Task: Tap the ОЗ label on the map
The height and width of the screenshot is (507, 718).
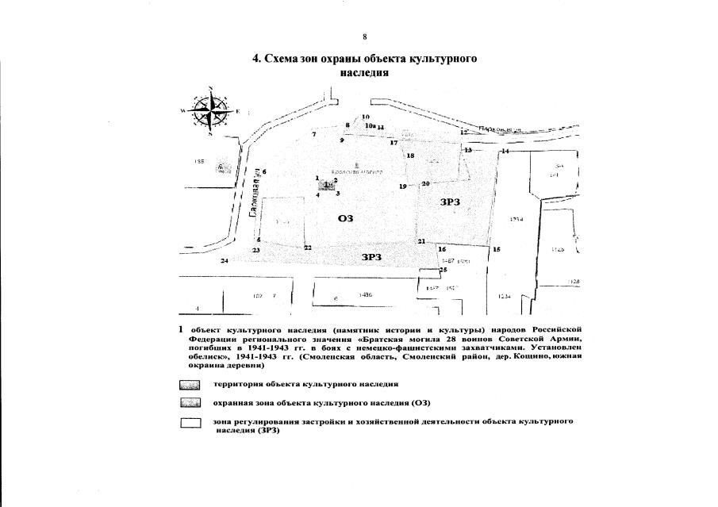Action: click(x=345, y=218)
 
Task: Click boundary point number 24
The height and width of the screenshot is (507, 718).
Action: click(x=225, y=260)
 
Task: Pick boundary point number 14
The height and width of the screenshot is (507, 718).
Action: click(x=505, y=151)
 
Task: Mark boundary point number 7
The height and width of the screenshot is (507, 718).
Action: click(x=314, y=135)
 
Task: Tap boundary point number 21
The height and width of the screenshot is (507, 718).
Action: click(x=422, y=241)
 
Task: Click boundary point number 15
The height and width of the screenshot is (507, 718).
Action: click(x=497, y=249)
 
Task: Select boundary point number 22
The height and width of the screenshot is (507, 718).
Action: click(x=307, y=248)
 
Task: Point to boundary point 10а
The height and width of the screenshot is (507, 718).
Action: click(x=370, y=125)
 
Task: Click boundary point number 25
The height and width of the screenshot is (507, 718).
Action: click(x=443, y=270)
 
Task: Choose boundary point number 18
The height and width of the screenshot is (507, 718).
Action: click(x=410, y=156)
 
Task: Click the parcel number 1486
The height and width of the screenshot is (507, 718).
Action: click(x=366, y=294)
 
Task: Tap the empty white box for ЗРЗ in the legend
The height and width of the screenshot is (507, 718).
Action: click(x=190, y=423)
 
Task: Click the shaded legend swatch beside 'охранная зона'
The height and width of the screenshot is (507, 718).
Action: click(x=190, y=403)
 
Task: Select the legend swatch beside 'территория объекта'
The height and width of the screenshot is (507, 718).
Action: click(x=190, y=384)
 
